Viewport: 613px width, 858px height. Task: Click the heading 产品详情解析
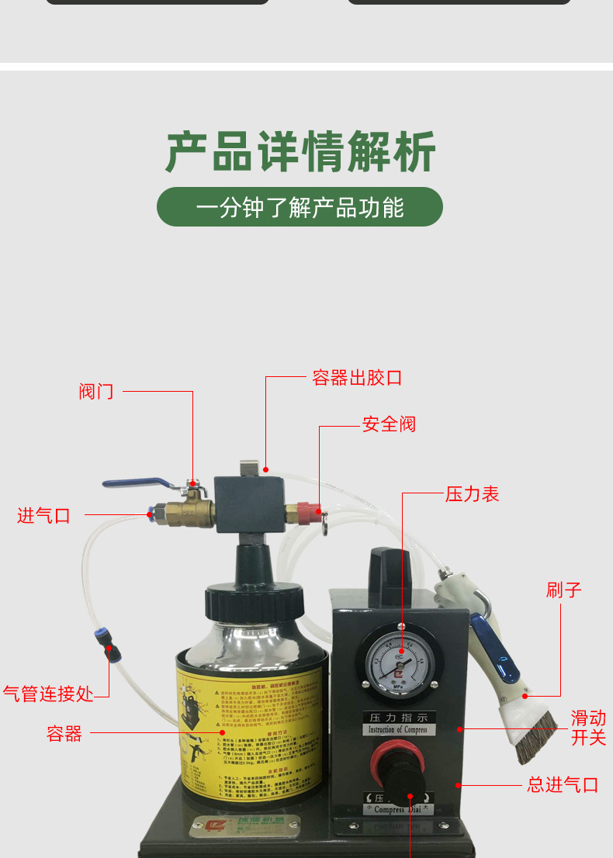tap(300, 153)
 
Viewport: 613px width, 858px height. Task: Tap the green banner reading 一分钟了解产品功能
tap(300, 207)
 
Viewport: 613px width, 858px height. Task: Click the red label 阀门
tap(96, 391)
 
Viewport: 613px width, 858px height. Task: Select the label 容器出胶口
tap(357, 378)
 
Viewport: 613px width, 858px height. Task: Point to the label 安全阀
tap(389, 424)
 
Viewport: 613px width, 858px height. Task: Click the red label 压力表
tap(472, 493)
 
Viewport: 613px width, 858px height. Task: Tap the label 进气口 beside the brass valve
tap(43, 515)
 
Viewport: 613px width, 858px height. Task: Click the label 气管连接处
tap(48, 693)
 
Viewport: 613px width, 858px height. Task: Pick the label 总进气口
tap(563, 785)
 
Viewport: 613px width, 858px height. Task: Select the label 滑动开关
tap(588, 728)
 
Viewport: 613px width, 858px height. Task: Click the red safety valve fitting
tap(303, 512)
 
